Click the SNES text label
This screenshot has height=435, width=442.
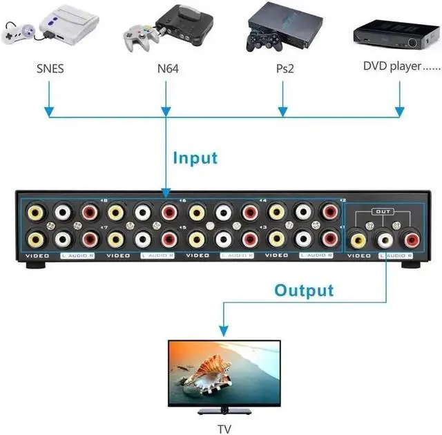click(x=49, y=68)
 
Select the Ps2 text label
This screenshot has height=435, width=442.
click(x=282, y=69)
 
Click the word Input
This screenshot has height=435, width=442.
click(x=195, y=158)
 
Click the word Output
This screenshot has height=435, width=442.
click(x=304, y=290)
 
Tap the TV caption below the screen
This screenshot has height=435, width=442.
click(x=224, y=428)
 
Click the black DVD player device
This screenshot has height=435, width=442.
click(x=396, y=34)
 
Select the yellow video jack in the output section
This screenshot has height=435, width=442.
click(x=358, y=240)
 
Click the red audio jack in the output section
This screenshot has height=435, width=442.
click(x=412, y=240)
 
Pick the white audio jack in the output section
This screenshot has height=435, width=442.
click(x=385, y=240)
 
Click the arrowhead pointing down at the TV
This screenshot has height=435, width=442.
click(x=223, y=330)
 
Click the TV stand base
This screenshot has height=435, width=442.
click(x=224, y=412)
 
